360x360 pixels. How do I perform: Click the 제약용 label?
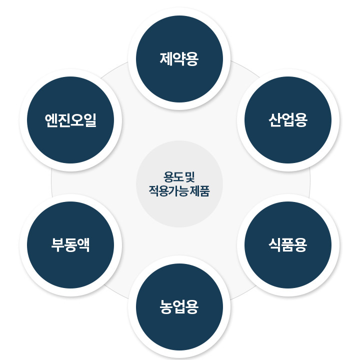pyautogui.click(x=179, y=59)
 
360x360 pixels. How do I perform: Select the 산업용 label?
pyautogui.click(x=288, y=120)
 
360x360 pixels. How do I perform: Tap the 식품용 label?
pyautogui.click(x=288, y=245)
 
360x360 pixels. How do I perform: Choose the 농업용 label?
pyautogui.click(x=179, y=306)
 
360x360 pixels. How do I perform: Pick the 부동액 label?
pyautogui.click(x=70, y=245)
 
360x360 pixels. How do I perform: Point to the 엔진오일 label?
pyautogui.click(x=70, y=120)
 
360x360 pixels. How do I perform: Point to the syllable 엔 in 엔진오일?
pyautogui.click(x=51, y=120)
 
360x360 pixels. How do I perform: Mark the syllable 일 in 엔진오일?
pyautogui.click(x=90, y=120)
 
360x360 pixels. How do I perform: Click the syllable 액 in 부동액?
pyautogui.click(x=83, y=245)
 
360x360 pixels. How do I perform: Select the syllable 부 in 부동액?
pyautogui.click(x=57, y=245)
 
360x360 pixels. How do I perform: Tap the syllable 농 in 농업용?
pyautogui.click(x=166, y=306)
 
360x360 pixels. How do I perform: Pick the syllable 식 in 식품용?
pyautogui.click(x=275, y=245)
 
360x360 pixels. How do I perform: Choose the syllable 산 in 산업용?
pyautogui.click(x=275, y=120)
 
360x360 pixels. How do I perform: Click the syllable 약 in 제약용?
pyautogui.click(x=179, y=59)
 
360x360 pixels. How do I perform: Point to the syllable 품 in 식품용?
pyautogui.click(x=288, y=245)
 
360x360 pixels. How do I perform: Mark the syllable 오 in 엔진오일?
pyautogui.click(x=77, y=120)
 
